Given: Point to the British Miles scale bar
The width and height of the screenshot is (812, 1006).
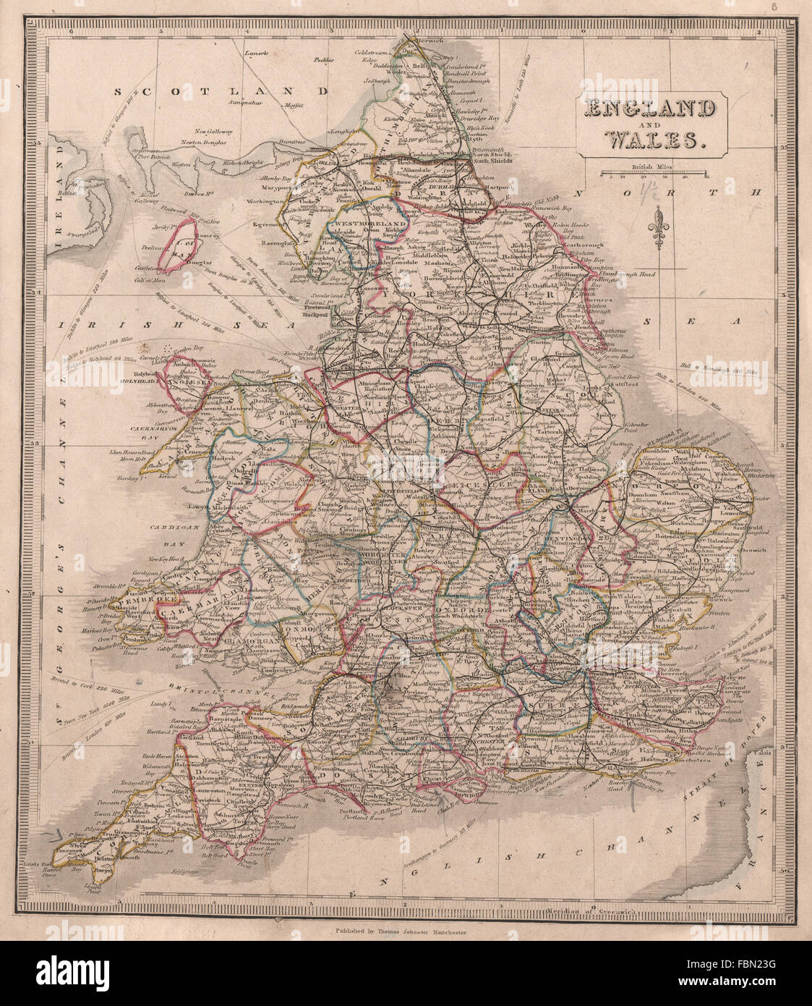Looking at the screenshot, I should point(654,172).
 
